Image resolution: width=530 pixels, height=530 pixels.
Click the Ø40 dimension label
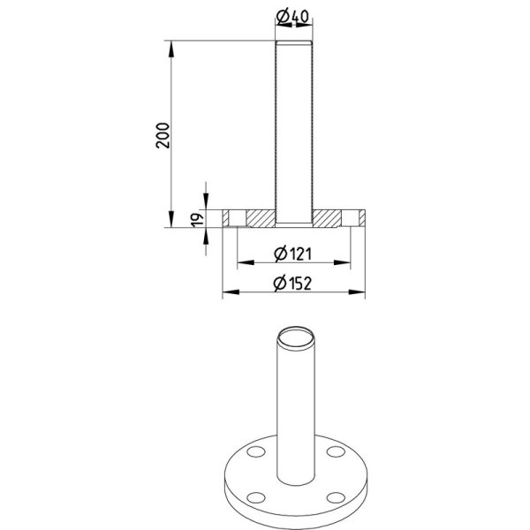[x=292, y=16]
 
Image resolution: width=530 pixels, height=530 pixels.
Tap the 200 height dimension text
[x=163, y=135]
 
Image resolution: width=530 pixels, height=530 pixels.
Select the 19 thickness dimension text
[x=198, y=220]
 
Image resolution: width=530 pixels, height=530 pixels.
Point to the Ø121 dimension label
[x=292, y=254]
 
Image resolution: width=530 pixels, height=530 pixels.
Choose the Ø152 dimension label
[x=292, y=284]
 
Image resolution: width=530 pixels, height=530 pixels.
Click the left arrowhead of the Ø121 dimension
[x=246, y=262]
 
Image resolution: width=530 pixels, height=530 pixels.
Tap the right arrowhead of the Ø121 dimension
[x=342, y=262]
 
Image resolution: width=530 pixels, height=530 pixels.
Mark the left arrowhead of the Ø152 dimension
[x=231, y=291]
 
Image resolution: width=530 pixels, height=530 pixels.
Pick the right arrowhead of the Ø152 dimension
[x=357, y=291]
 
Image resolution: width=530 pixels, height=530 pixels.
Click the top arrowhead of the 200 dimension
[x=171, y=49]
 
